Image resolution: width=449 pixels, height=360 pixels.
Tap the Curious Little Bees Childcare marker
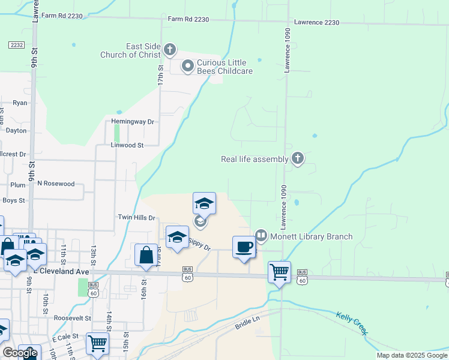coord(187,65)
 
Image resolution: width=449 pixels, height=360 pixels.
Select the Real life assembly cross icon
coord(297,158)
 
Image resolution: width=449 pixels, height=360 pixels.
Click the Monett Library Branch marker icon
coord(261,236)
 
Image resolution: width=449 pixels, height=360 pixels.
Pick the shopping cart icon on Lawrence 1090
coord(280,272)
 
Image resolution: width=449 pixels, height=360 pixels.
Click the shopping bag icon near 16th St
coord(146,254)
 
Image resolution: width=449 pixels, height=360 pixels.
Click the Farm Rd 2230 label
coord(188,20)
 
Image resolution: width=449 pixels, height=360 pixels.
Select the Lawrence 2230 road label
coord(316,22)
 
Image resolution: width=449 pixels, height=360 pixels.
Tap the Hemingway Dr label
coord(133,122)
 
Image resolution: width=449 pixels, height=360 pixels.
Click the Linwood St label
coord(127,145)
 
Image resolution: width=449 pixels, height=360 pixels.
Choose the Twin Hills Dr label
coord(136,218)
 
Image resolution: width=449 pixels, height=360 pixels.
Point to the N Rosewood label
coord(56,184)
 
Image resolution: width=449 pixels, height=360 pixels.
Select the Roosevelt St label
coord(71,318)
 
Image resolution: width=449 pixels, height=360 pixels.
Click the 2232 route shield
coord(16,45)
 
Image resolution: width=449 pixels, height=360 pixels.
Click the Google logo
coord(20,352)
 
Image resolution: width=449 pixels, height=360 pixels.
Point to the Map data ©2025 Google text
coord(412,355)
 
